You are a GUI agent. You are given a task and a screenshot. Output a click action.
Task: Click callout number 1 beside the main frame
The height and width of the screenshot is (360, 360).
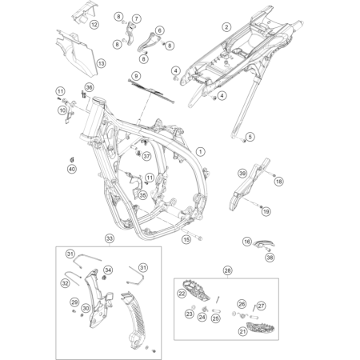(x=200, y=150)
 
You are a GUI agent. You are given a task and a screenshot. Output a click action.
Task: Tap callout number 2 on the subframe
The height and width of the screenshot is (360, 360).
(x=226, y=27)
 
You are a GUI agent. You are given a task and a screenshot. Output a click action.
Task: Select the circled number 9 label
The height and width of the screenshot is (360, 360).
(x=135, y=76)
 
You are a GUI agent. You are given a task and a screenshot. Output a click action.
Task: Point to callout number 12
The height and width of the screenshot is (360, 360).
(x=94, y=26)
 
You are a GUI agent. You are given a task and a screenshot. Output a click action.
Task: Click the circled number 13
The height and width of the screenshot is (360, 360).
(x=101, y=62)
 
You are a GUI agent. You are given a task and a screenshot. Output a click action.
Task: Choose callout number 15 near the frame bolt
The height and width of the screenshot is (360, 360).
(x=186, y=238)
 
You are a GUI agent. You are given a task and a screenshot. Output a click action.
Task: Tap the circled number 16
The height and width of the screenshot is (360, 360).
(x=247, y=241)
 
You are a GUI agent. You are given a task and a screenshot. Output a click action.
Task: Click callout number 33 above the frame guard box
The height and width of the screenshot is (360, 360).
(x=110, y=238)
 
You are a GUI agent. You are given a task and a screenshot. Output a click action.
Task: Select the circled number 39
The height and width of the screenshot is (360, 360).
(x=242, y=172)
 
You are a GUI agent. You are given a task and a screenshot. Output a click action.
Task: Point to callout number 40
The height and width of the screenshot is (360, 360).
(x=71, y=169)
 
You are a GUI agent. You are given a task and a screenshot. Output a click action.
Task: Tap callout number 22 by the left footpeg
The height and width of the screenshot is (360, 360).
(x=182, y=295)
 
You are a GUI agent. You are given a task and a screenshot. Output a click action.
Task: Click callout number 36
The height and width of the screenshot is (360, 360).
(x=89, y=87)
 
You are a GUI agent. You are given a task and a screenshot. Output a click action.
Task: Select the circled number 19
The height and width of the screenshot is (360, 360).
(x=266, y=211)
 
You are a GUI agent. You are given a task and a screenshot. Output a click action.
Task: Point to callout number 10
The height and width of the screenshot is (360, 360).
(x=62, y=110)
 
